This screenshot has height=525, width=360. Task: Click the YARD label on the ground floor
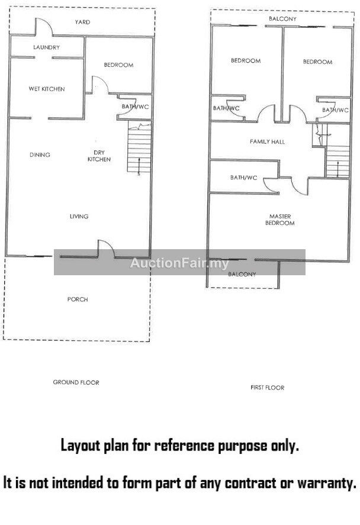click(82, 22)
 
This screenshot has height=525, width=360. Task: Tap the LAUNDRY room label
click(46, 47)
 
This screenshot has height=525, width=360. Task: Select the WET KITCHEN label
click(47, 89)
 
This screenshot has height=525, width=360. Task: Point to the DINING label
click(40, 154)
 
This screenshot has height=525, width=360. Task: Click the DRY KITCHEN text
click(99, 156)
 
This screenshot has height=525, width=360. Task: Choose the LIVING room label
click(79, 217)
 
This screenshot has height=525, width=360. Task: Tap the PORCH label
click(78, 299)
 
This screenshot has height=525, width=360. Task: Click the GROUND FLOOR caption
click(76, 382)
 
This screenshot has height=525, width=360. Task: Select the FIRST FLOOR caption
click(267, 388)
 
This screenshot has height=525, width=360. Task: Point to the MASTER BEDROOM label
click(280, 220)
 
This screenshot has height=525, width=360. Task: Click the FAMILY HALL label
click(267, 142)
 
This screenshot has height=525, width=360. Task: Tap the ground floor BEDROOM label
click(118, 65)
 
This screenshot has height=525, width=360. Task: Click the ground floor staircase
click(139, 147)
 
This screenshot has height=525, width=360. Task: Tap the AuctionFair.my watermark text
click(179, 263)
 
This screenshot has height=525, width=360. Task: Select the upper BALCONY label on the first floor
click(282, 19)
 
